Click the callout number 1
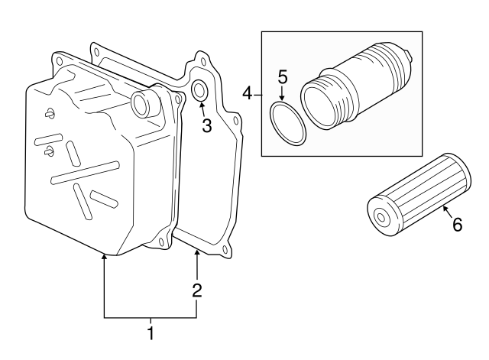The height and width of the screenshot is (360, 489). (x=151, y=333)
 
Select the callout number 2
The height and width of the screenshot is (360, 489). (x=197, y=290)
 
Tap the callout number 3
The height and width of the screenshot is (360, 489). (x=206, y=126)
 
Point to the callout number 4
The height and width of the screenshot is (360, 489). (x=247, y=93)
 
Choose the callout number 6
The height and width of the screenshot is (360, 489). (x=457, y=225)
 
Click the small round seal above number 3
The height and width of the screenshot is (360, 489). (x=200, y=90)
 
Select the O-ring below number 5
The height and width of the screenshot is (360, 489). (x=289, y=124)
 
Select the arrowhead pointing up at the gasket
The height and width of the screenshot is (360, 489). (x=197, y=254)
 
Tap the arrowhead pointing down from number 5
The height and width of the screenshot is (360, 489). (x=281, y=99)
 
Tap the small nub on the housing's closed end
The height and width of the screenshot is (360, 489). (x=411, y=55)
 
